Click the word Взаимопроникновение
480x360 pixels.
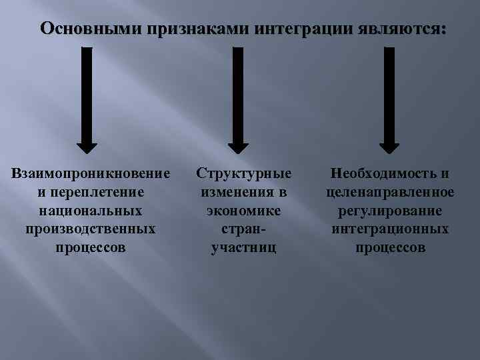coord(91,173)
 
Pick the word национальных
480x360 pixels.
coord(91,211)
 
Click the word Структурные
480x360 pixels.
coord(243,173)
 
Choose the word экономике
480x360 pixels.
coord(243,211)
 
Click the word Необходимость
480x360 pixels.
coord(385,173)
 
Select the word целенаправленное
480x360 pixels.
coord(391,192)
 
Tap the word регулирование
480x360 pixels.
coord(391,211)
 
